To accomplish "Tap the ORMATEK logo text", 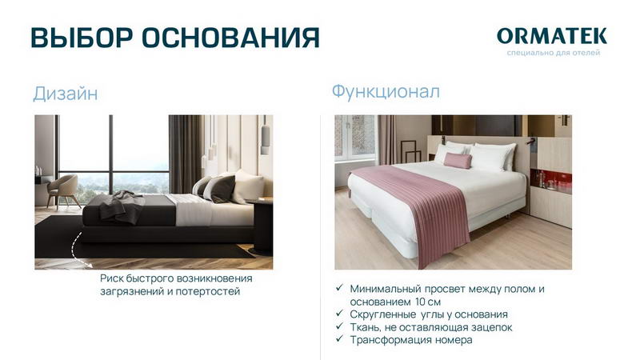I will (551, 36).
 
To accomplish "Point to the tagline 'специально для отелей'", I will (553, 53).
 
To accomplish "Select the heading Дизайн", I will (66, 94).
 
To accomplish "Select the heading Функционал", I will (386, 91).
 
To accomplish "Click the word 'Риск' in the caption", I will (114, 278).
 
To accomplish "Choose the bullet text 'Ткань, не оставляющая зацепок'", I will (430, 327).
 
